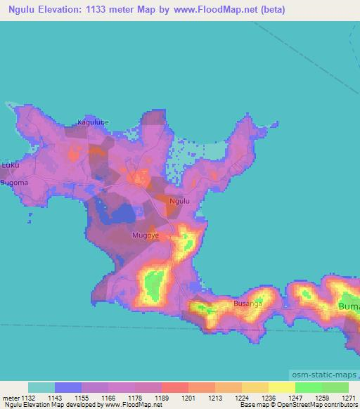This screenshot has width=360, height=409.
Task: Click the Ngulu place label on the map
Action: [180, 201]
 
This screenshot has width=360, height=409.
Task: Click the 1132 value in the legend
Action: [28, 397]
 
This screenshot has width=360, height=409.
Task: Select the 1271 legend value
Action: [348, 397]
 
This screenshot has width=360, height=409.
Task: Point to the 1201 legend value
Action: [187, 397]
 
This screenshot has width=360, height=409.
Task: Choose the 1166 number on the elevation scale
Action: [108, 397]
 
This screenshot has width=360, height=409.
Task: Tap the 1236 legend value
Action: [268, 397]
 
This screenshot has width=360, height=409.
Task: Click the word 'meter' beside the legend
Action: [11, 397]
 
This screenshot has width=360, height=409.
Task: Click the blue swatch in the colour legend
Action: [68, 387]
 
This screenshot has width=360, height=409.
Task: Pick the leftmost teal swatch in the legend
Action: [41, 387]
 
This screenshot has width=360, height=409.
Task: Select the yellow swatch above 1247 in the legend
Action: [282, 387]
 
